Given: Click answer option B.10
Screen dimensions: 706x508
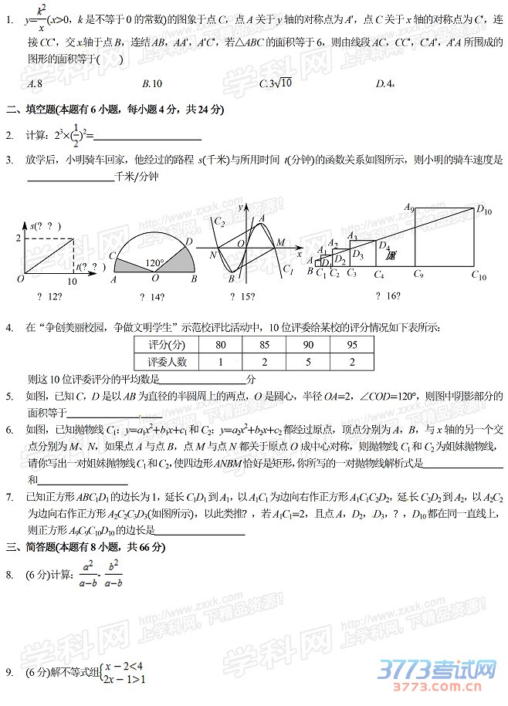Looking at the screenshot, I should [x=151, y=83].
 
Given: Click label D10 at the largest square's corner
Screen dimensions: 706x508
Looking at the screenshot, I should [x=484, y=208].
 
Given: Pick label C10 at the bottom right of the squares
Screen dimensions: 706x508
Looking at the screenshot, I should [x=479, y=275].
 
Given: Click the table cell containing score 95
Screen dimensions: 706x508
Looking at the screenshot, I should [x=352, y=344].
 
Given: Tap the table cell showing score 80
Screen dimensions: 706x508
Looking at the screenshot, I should [x=221, y=344].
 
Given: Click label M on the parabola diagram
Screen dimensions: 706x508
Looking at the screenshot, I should [x=280, y=242].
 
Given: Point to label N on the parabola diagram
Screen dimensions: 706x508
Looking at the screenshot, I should [x=212, y=254].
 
